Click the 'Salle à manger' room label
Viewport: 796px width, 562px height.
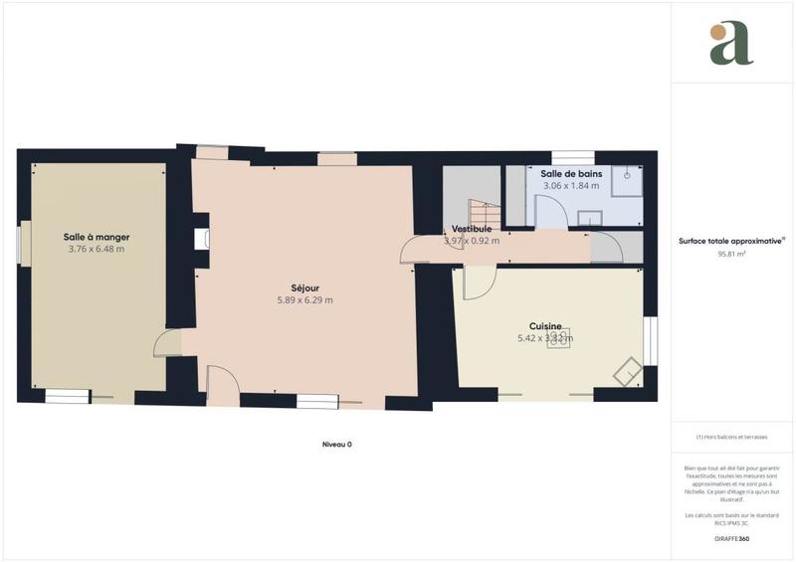[97, 237]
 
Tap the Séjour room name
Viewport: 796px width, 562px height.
[304, 286]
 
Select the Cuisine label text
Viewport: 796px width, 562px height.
[545, 325]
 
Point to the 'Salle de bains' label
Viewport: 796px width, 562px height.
[570, 173]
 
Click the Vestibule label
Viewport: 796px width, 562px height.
[472, 229]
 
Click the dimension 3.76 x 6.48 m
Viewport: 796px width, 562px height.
[97, 250]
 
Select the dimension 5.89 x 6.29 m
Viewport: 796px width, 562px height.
[304, 299]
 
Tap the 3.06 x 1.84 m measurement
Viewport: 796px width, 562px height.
[570, 186]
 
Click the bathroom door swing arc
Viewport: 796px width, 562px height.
[550, 207]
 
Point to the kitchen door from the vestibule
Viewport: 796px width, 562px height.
[476, 283]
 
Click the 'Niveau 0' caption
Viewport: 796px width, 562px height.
[337, 445]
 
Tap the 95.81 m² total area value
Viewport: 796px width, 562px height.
[732, 255]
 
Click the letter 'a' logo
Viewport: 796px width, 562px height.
[731, 44]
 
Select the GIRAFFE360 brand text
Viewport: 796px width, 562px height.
[731, 538]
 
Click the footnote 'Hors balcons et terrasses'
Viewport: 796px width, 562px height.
[732, 438]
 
